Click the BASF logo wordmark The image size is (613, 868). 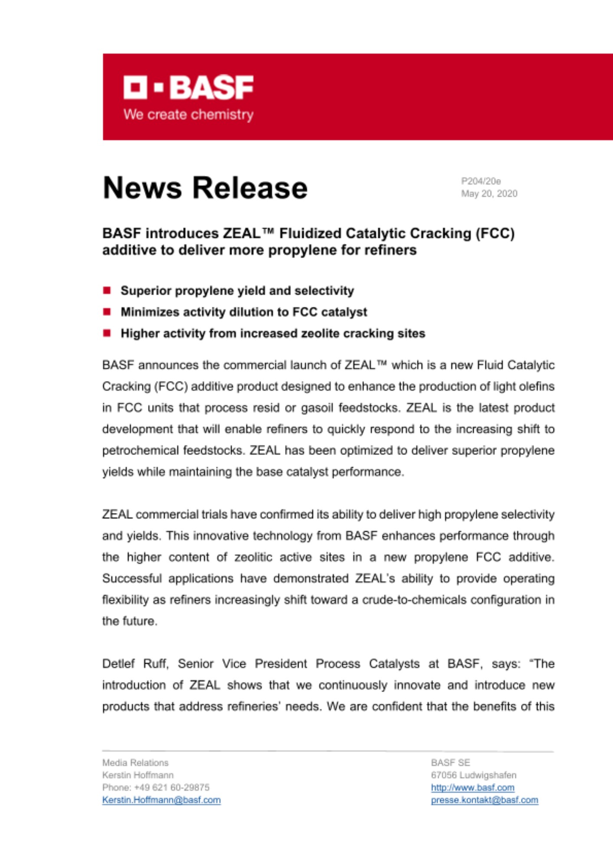point(188,87)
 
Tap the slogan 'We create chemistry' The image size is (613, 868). point(188,115)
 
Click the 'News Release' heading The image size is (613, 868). point(205,188)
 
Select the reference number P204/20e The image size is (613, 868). point(481,181)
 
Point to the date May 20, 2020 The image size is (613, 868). point(489,194)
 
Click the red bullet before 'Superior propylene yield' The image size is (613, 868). point(107,290)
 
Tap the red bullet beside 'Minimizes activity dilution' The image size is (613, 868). point(107,312)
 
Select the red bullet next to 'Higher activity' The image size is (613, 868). point(107,333)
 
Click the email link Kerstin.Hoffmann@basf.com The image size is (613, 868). point(161,800)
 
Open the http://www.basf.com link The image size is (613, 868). point(472,787)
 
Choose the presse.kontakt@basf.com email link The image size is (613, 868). point(484,800)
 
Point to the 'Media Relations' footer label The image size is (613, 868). point(135,763)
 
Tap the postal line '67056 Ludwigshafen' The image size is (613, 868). point(473,775)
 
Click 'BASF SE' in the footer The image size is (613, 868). point(450,763)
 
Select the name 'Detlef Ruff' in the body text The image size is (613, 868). point(135,664)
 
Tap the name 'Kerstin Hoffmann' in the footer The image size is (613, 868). point(138,775)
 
